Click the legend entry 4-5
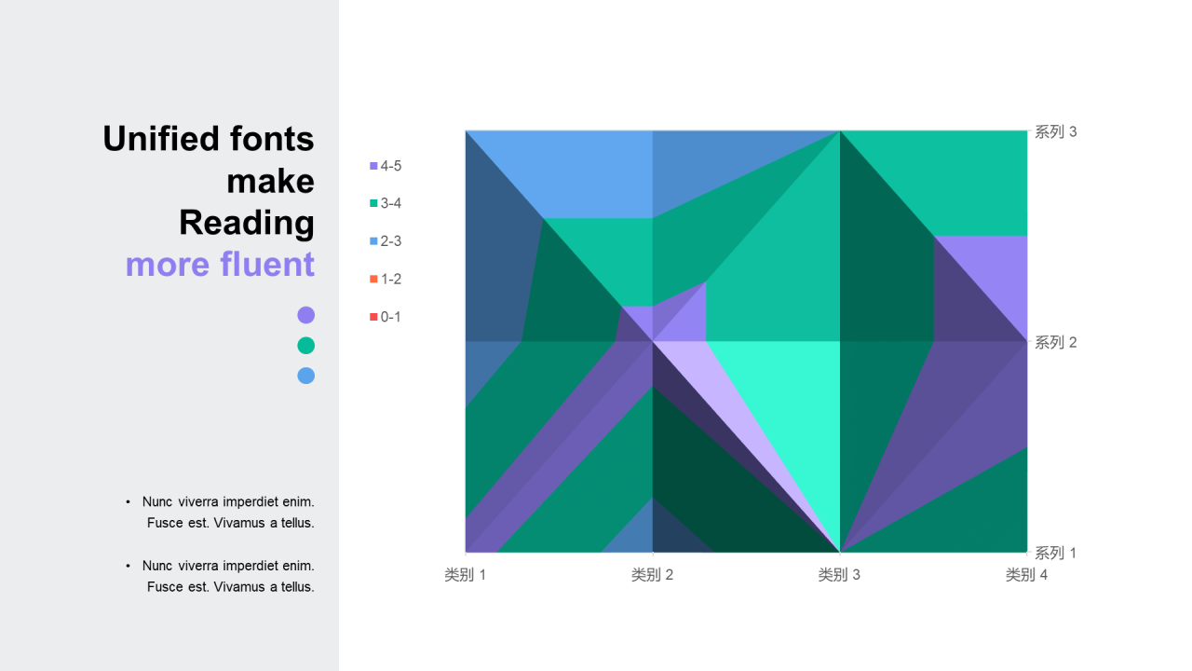coord(386,166)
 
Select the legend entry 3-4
coord(386,203)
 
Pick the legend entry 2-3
coord(386,241)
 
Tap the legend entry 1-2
coord(386,279)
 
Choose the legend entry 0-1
coord(386,317)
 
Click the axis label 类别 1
coord(465,575)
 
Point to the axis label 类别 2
coord(652,575)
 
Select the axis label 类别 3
coord(839,575)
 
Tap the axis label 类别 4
coord(1026,575)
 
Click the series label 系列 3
coord(1056,132)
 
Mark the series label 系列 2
coord(1056,343)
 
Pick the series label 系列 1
coord(1056,553)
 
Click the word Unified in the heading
coord(152,139)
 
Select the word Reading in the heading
coord(247,223)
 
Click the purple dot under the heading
coord(305,315)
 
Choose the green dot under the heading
coord(305,346)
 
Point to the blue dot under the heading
coord(305,376)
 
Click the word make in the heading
coord(270,181)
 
